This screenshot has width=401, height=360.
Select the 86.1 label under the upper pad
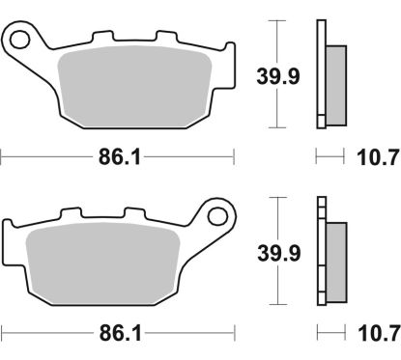tap(118, 156)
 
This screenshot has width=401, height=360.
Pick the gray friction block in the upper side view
tap(334, 85)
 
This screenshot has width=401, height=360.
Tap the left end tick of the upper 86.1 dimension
tap(2, 155)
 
